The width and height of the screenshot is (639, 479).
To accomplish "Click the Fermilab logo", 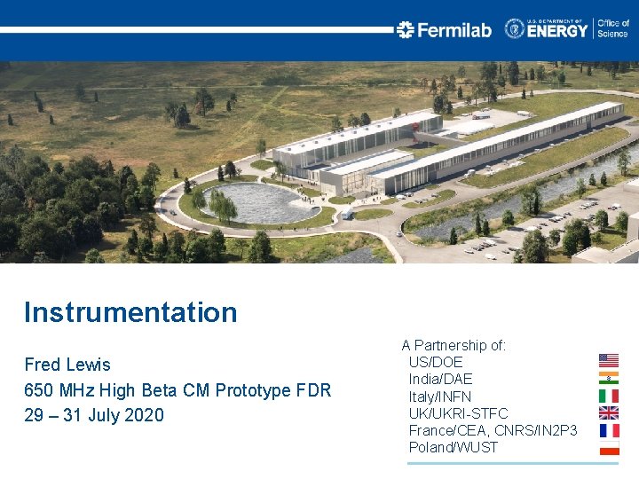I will point(444,30).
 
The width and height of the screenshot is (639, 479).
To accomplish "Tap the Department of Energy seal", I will point(515,29).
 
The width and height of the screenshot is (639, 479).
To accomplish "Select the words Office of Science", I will point(612,29).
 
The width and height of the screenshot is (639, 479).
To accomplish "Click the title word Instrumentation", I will point(130,312).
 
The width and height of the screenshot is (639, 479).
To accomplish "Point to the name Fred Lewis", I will point(67,365).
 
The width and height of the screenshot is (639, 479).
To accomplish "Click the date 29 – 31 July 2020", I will point(94,415).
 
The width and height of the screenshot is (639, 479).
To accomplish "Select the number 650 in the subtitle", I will point(39,390).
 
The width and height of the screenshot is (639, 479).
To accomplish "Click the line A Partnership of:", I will point(454,345).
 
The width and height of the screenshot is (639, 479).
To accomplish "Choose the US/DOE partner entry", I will point(436,362).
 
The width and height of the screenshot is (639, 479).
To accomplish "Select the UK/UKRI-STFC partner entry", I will point(458,413).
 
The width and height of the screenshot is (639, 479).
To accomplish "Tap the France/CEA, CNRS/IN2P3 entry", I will point(493,430).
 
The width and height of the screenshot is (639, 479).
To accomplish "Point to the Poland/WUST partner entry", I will point(454,447).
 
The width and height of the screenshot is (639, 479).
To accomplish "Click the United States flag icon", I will point(609,360).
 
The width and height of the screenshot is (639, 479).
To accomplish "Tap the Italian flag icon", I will point(609,396).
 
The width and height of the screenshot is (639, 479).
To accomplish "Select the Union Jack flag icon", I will point(609,412).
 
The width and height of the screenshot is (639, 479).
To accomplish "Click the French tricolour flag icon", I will point(609,430).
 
